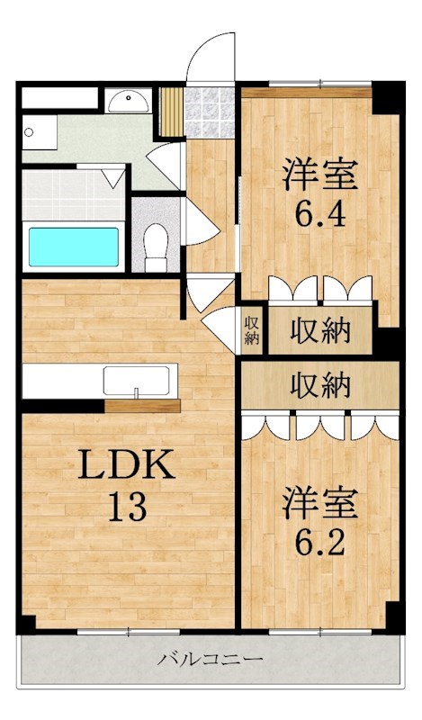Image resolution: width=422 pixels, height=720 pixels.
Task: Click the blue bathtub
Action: coord(74,247)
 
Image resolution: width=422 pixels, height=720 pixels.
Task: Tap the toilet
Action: coord(155,247)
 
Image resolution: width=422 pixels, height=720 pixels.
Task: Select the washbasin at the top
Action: coord(128,101)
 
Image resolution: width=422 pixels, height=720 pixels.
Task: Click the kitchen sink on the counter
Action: coord(136,380)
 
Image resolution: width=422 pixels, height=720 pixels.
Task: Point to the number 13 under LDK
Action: coord(127,507)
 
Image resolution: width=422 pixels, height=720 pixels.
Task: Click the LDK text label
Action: coord(127,464)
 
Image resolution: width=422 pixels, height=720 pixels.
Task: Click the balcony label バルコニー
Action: coord(211,660)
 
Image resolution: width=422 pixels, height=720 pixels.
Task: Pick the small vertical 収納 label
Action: coord(252,330)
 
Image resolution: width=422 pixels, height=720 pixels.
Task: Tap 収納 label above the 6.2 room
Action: coord(320,385)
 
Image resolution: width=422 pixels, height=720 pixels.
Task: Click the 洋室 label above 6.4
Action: coord(320,175)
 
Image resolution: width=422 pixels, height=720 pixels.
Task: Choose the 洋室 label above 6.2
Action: coord(320,503)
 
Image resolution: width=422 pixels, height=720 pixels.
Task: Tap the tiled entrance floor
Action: coord(210,112)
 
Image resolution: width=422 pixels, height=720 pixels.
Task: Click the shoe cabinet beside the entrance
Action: coord(172,112)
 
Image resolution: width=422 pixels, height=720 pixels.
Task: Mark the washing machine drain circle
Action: coord(29,132)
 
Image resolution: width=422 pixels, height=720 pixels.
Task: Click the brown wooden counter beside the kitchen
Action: coord(142,406)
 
